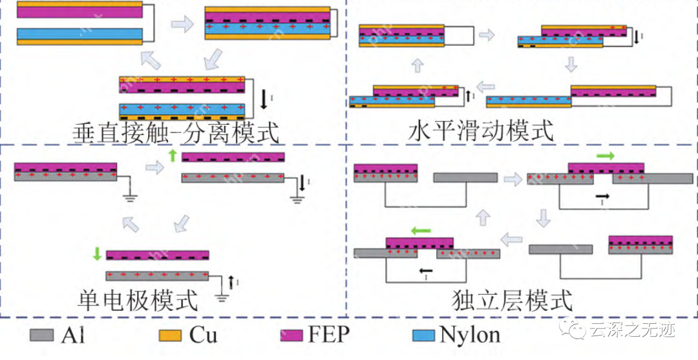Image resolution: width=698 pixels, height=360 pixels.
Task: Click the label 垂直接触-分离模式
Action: pyautogui.click(x=176, y=134)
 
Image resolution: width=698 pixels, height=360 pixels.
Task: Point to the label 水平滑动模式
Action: pyautogui.click(x=481, y=131)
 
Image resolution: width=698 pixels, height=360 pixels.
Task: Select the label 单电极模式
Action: pyautogui.click(x=137, y=300)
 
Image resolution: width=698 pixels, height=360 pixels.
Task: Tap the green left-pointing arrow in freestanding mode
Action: pyautogui.click(x=421, y=229)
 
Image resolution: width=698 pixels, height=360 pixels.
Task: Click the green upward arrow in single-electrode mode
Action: pyautogui.click(x=172, y=156)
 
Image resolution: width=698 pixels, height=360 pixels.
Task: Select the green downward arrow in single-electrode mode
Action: pyautogui.click(x=97, y=253)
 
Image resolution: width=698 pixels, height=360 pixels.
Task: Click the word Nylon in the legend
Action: pyautogui.click(x=470, y=335)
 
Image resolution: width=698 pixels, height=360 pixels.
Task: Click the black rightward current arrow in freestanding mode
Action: pyautogui.click(x=602, y=195)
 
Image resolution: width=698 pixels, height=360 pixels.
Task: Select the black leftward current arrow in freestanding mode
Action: pyautogui.click(x=425, y=271)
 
